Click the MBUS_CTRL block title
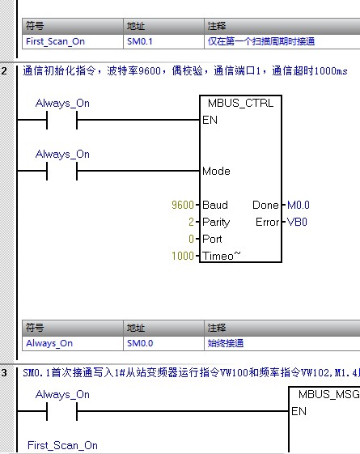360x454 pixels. [241, 104]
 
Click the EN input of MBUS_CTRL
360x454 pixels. [210, 121]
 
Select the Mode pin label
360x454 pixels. [216, 172]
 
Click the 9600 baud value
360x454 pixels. [184, 206]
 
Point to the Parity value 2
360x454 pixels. [191, 223]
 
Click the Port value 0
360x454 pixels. [191, 240]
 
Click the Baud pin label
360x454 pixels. [215, 206]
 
